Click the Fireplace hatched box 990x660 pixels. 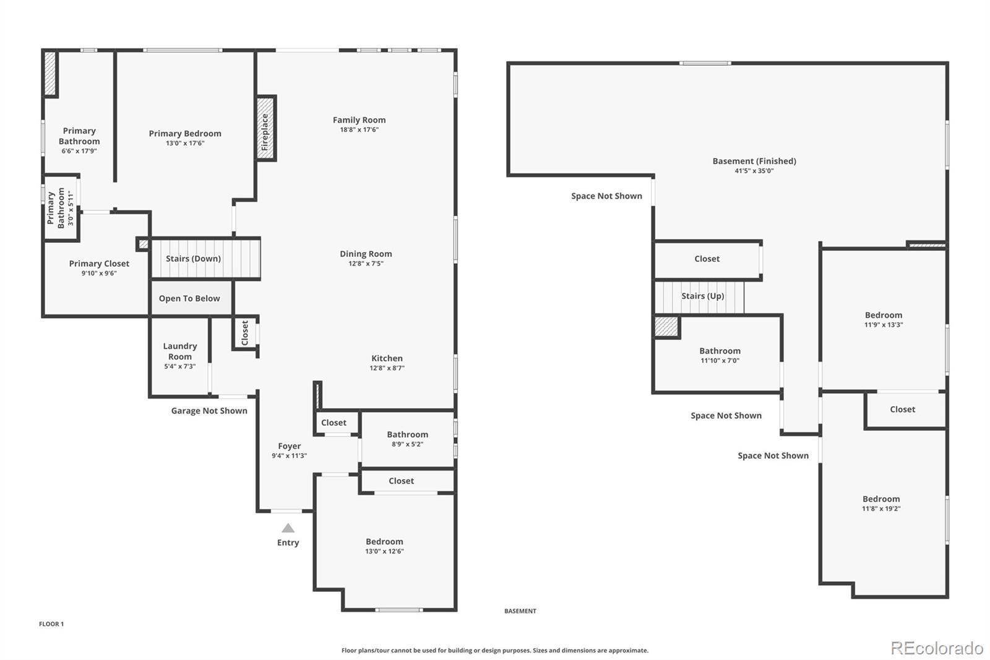point(265,129)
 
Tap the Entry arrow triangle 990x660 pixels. point(288,528)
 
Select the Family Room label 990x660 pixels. point(359,120)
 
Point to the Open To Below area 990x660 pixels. point(189,298)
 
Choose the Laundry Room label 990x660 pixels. point(180,351)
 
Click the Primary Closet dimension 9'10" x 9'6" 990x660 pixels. point(99,273)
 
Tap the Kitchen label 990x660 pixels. point(387,358)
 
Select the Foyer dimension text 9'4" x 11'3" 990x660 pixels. point(289,456)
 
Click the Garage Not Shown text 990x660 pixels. point(209,410)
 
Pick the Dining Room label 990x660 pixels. point(366,254)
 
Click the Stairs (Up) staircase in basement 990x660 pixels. point(700,297)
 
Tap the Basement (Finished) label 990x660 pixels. point(754,161)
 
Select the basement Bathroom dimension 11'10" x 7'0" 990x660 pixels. point(720,360)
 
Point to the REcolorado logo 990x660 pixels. point(937,648)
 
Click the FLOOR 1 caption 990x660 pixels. point(51,624)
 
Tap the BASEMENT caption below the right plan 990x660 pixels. point(520,611)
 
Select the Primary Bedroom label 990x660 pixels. point(184,134)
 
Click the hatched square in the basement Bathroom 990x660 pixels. point(666,326)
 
